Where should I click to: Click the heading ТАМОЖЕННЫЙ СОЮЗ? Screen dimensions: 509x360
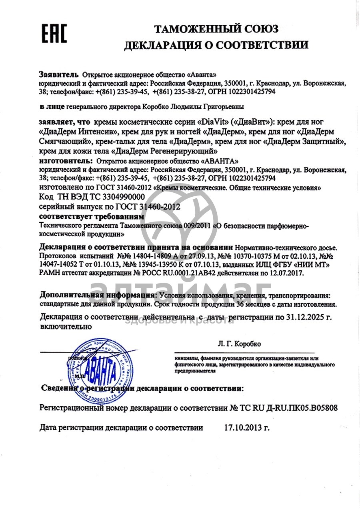216,29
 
